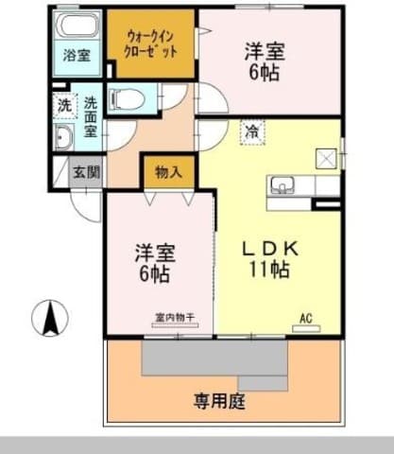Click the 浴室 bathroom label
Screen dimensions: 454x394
tap(77, 56)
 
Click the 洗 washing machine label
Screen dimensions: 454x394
tap(63, 105)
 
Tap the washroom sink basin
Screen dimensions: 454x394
tap(63, 139)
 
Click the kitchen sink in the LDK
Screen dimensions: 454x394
tap(285, 183)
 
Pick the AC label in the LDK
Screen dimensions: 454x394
tap(305, 317)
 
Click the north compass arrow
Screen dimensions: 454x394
tap(49, 318)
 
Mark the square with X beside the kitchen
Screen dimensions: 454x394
tap(327, 159)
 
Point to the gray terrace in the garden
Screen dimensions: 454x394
tap(215, 360)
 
